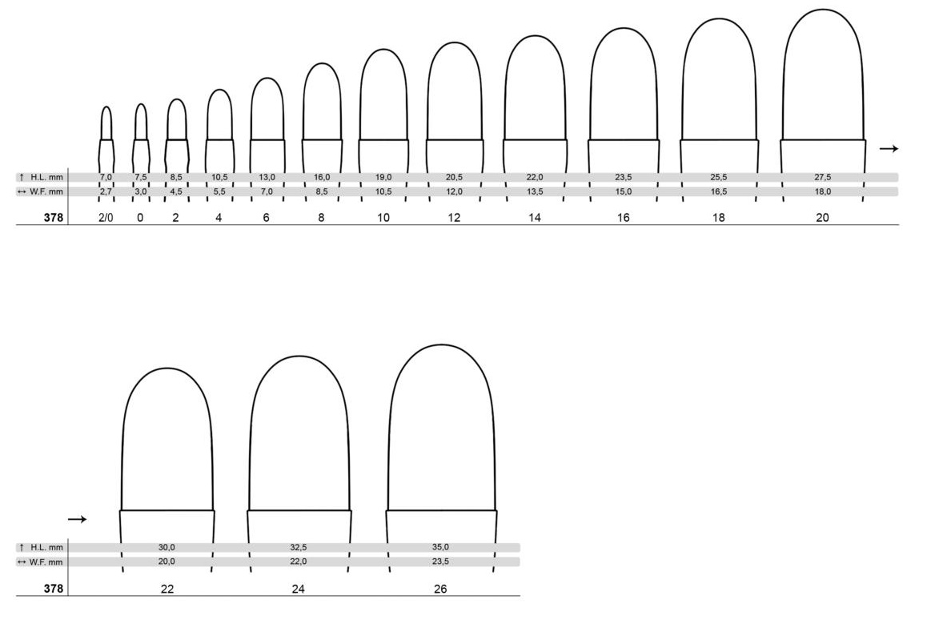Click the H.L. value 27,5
(823, 177)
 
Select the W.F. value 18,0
(823, 191)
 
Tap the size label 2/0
(106, 217)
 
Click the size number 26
(440, 589)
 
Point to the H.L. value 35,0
(440, 547)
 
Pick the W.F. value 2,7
(106, 191)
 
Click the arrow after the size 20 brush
(889, 149)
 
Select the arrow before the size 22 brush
(78, 519)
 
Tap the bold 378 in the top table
(53, 217)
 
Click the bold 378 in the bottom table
(53, 589)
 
